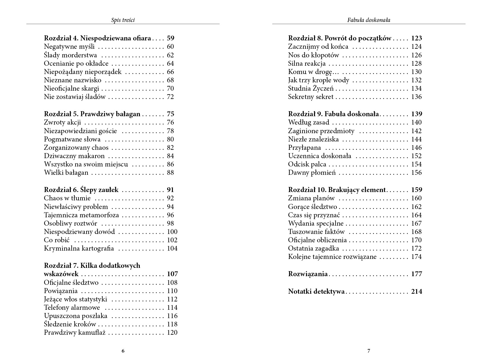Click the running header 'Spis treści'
tap(123, 20)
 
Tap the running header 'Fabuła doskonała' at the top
tap(369, 20)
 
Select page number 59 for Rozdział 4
tap(170, 38)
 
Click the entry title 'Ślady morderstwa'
tap(70, 55)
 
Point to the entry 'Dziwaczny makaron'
tap(74, 156)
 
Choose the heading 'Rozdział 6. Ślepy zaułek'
tap(81, 190)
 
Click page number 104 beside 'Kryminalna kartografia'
tap(172, 248)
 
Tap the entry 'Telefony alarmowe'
tap(72, 307)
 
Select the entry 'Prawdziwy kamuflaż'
tap(75, 332)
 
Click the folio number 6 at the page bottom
tap(123, 351)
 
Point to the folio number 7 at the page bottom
tap(369, 351)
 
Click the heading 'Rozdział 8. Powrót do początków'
tap(340, 38)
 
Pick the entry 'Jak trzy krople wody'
tap(319, 80)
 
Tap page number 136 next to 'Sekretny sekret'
tap(416, 97)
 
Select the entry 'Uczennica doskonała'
tap(319, 156)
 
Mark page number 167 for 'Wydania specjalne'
tap(416, 223)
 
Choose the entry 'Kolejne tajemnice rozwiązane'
tap(332, 257)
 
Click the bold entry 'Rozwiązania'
tap(308, 274)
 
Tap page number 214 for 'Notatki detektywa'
tap(416, 291)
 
